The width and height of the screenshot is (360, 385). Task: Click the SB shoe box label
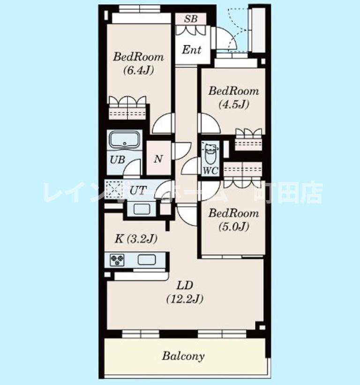[x=191, y=18]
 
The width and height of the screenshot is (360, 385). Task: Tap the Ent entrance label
[x=192, y=50]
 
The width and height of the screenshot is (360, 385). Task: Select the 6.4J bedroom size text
[x=138, y=71]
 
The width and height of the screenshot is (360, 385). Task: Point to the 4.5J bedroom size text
[x=233, y=105]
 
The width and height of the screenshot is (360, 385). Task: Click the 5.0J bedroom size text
[x=234, y=226]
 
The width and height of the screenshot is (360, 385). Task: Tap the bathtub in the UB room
[x=124, y=140]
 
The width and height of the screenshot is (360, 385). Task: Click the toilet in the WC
[x=210, y=154]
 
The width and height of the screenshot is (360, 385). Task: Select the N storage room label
[x=158, y=159]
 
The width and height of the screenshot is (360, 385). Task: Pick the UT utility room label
[x=138, y=190]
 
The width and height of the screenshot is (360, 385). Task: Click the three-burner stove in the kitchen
[x=117, y=260]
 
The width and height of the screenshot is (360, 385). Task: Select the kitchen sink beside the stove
[x=147, y=260]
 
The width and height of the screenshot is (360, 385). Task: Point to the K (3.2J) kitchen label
[x=136, y=239]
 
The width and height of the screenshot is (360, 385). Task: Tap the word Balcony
[x=183, y=356]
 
